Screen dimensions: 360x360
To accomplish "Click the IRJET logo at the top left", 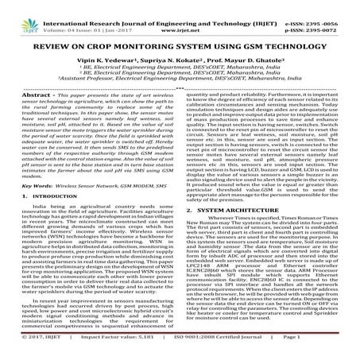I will (x=22, y=11).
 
